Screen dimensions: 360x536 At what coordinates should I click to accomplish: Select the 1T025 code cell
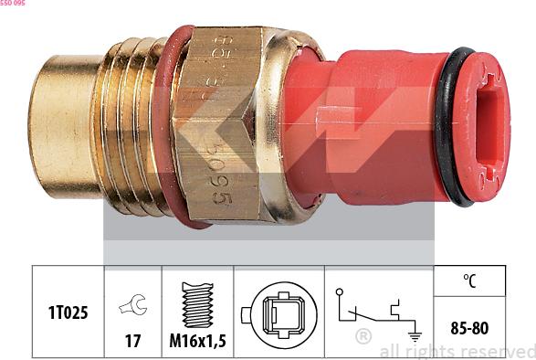68,312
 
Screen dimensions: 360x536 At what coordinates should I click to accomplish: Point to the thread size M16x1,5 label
197,340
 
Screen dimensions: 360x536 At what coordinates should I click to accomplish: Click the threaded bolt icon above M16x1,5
197,304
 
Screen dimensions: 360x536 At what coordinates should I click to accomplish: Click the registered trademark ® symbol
363,336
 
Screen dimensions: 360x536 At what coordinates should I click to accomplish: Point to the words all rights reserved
457,351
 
